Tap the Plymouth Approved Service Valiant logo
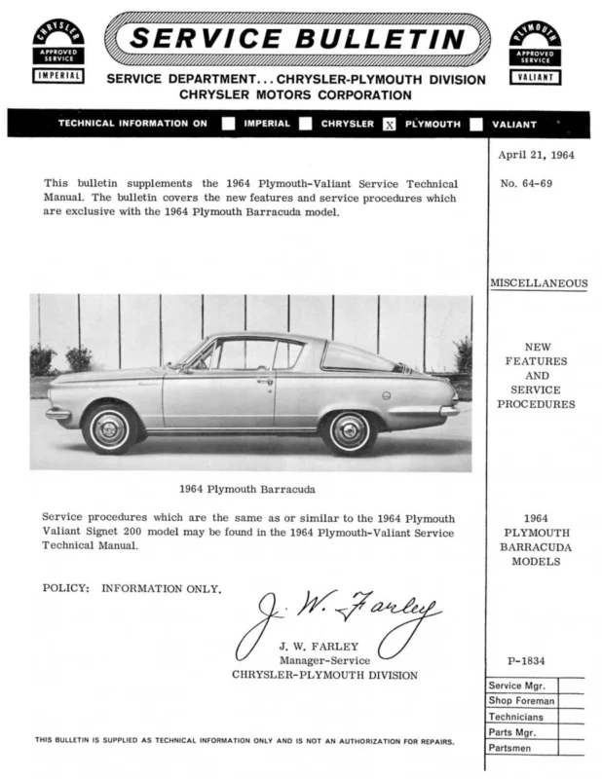click(x=535, y=49)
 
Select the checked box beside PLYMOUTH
click(x=390, y=125)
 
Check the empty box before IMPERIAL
click(x=228, y=124)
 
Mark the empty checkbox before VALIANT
click(x=476, y=124)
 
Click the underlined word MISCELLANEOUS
click(x=538, y=283)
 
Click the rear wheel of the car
click(x=349, y=429)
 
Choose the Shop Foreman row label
click(x=522, y=700)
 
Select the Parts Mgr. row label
click(x=513, y=731)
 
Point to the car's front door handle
click(x=265, y=381)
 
